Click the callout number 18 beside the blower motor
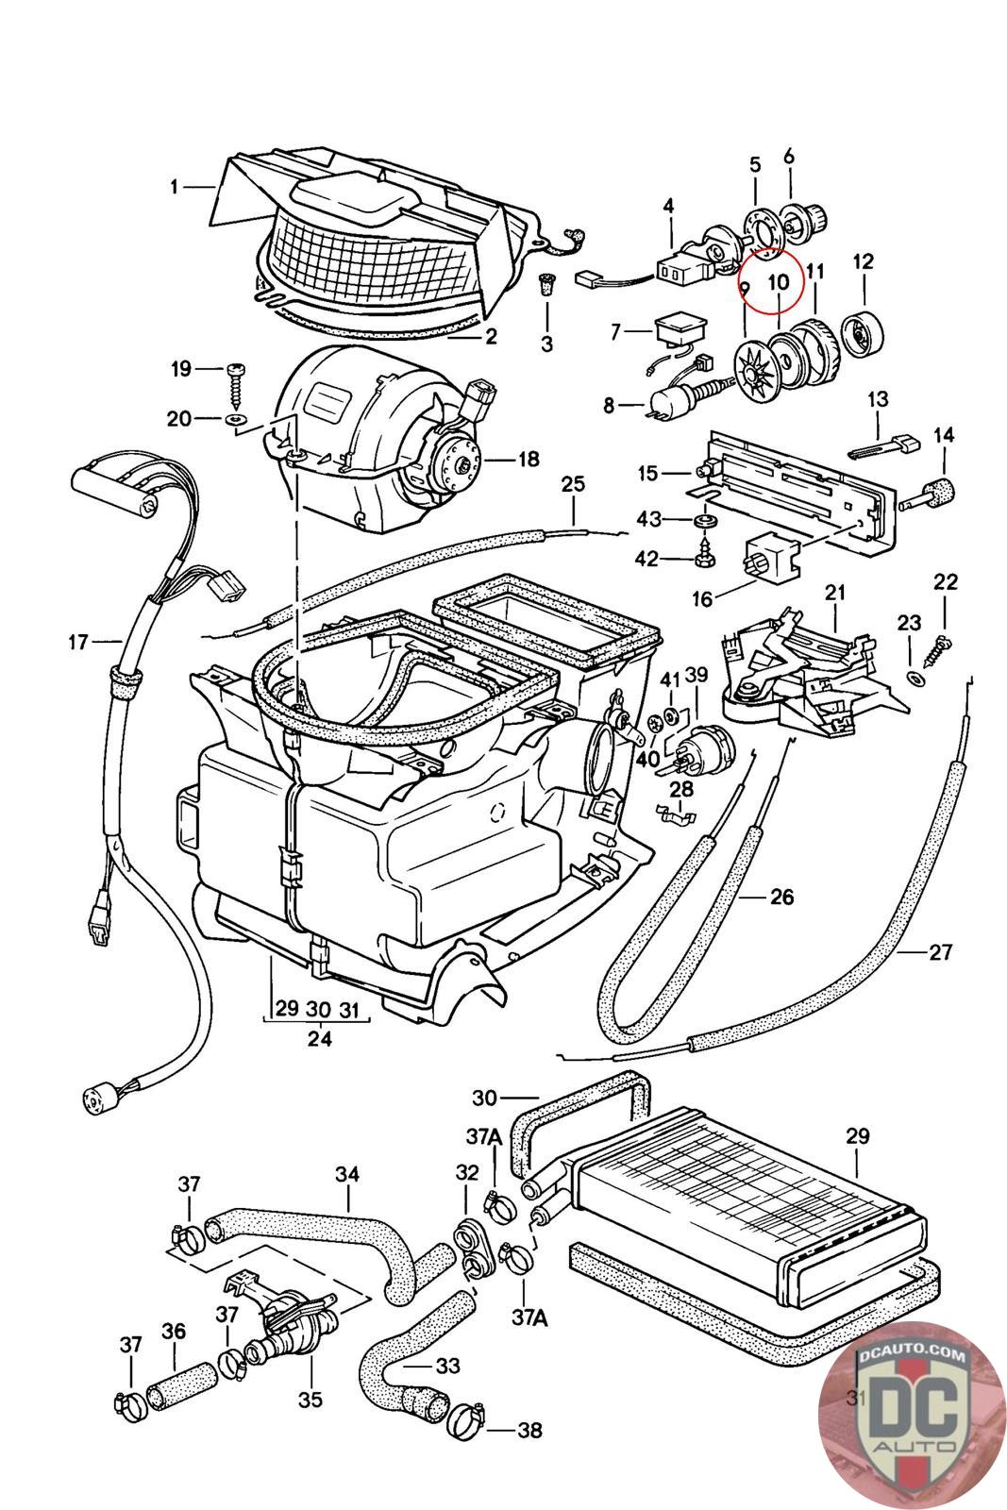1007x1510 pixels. point(528,459)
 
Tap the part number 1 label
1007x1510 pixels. point(174,188)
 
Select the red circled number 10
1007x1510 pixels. point(778,281)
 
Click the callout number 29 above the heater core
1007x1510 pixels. point(857,1136)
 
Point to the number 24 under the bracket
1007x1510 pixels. point(320,1039)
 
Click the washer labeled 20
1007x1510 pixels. point(233,416)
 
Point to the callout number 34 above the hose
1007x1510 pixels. point(347,1175)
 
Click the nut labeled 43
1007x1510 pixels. point(702,521)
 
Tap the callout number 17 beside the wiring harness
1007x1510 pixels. point(78,643)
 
